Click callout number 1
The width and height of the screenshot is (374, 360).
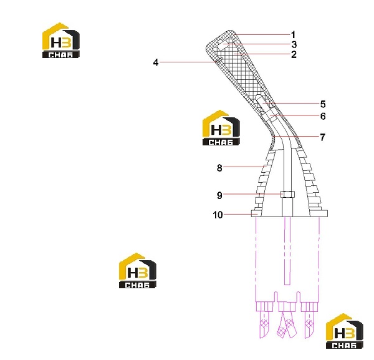(x=293, y=35)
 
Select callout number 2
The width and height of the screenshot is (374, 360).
(x=294, y=54)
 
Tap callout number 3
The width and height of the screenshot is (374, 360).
(x=294, y=45)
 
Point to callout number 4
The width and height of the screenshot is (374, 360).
(x=156, y=62)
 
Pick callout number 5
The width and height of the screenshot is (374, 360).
(x=323, y=104)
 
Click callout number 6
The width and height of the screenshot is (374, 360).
(x=323, y=116)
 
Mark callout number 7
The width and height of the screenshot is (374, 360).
(x=323, y=137)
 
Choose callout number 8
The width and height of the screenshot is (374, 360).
(x=219, y=168)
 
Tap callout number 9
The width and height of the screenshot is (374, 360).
(x=219, y=195)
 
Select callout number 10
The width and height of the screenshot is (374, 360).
(x=218, y=215)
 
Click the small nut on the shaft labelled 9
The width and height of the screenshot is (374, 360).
(x=287, y=194)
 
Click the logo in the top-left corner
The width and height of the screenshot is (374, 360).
(x=61, y=40)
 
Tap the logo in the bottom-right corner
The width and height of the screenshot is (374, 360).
(x=345, y=331)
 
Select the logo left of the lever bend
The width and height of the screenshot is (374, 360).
(x=221, y=127)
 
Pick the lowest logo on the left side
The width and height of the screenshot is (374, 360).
(x=138, y=270)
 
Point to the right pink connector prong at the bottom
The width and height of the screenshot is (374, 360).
(x=310, y=324)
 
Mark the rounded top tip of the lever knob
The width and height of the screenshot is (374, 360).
(x=229, y=31)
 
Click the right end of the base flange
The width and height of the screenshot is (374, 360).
(x=327, y=213)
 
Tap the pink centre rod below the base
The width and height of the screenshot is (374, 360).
(x=287, y=251)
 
